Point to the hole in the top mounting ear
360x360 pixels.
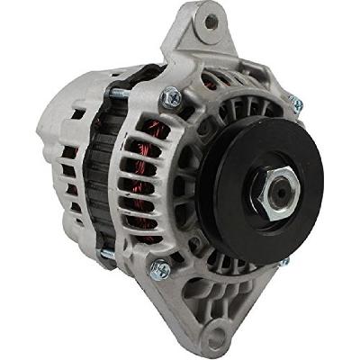click(x=213, y=21)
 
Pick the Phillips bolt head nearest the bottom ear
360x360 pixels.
click(x=159, y=268)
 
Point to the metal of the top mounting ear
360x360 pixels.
click(x=193, y=36)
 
